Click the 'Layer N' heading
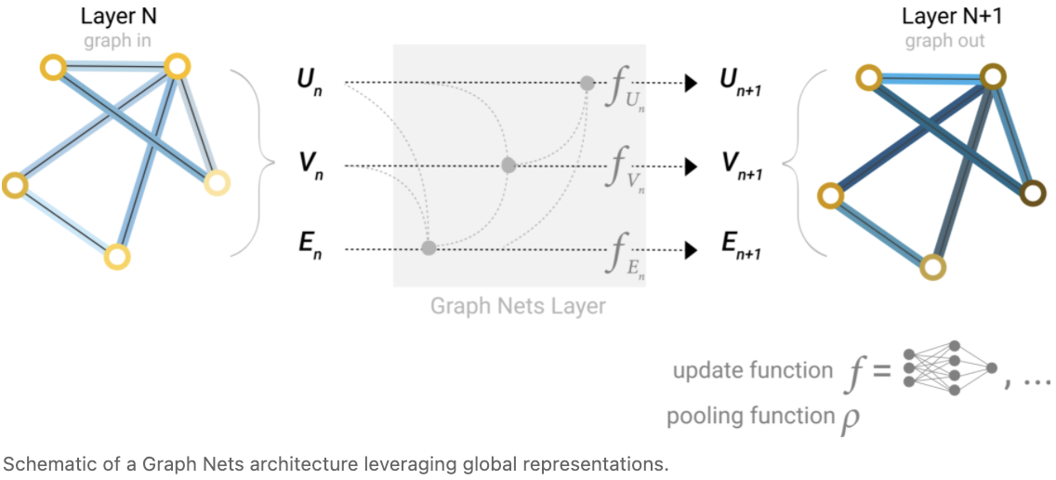[106, 18]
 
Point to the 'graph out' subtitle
[944, 41]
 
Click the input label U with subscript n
[309, 83]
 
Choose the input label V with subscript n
[309, 166]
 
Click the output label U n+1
[739, 83]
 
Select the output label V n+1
[740, 166]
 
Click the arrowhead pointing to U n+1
[691, 83]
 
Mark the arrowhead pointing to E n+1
[691, 249]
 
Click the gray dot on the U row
[587, 83]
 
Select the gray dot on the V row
[508, 166]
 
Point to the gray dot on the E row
[429, 248]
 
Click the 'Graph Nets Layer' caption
[518, 305]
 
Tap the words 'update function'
[753, 371]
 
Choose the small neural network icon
[947, 369]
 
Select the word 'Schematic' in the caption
[38, 462]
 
